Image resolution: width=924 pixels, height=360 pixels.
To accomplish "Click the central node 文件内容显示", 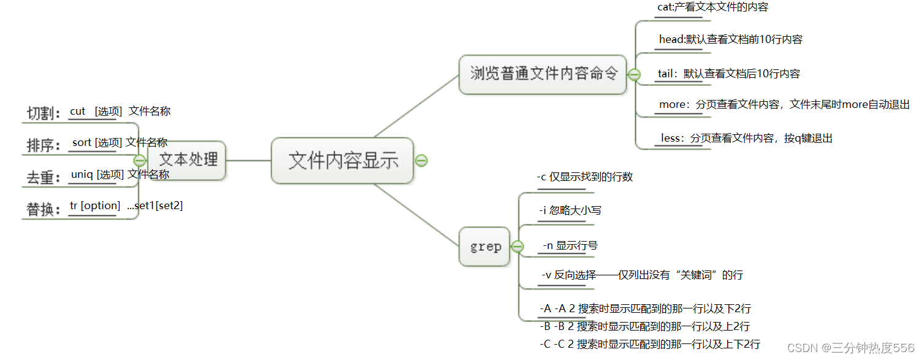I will click(343, 161).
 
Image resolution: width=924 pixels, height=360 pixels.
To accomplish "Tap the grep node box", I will click(485, 247).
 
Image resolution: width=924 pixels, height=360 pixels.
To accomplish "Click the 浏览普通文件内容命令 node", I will click(542, 74).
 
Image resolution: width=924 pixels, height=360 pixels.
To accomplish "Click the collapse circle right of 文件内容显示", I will click(421, 161).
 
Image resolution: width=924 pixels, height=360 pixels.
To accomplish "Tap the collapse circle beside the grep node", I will click(517, 247).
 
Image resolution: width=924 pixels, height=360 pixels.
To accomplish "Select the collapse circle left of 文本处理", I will click(140, 160).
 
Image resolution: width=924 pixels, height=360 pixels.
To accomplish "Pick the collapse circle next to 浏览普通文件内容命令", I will click(635, 75).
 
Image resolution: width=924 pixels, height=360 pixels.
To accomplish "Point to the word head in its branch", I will click(671, 39).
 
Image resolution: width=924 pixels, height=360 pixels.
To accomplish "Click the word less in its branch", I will click(671, 138).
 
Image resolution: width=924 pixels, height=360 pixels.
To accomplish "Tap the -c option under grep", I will click(541, 177).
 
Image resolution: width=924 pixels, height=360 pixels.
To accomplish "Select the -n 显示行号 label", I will click(570, 245).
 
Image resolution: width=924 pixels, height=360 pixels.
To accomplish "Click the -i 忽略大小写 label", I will click(570, 210).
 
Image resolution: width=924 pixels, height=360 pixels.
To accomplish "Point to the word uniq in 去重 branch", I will click(82, 174).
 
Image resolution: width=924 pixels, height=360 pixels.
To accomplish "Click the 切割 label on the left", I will click(44, 113).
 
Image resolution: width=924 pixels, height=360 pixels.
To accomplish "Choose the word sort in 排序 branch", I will click(82, 142).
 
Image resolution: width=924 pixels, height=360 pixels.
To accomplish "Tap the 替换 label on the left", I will click(44, 209).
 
